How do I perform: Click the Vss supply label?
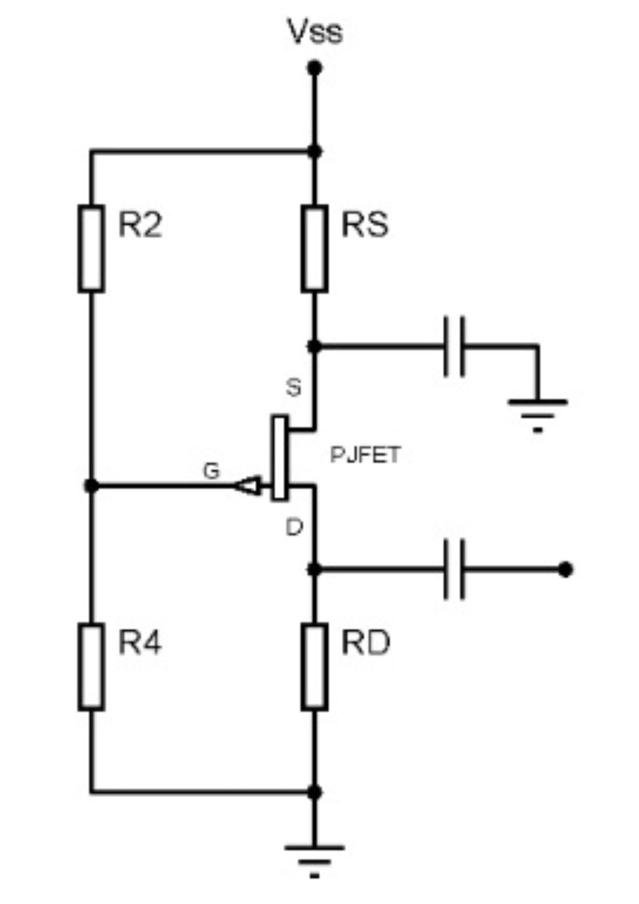tap(314, 31)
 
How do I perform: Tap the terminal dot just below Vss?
tap(314, 68)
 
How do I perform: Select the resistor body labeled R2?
tap(91, 249)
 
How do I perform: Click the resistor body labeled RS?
tap(314, 249)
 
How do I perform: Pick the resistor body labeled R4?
tap(91, 666)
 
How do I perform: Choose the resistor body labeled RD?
tap(314, 666)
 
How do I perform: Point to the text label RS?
tap(365, 225)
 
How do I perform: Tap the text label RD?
tap(365, 643)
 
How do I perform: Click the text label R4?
tap(140, 643)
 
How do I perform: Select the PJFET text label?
tap(365, 455)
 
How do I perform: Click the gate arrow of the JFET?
tap(248, 486)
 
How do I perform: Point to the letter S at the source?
tap(293, 387)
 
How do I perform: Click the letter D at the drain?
tap(294, 528)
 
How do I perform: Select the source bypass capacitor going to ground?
tap(454, 347)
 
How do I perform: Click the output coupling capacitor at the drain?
tap(454, 569)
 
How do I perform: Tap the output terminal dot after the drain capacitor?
tap(565, 569)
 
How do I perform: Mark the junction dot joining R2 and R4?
tap(91, 485)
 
